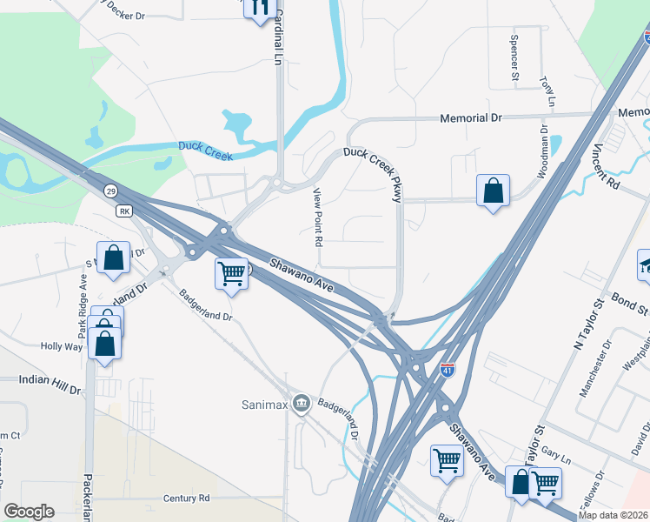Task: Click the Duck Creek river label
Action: (207, 150)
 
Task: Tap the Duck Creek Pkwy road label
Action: (373, 172)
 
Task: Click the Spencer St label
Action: (514, 52)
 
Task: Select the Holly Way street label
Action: (61, 346)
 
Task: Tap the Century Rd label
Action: (186, 499)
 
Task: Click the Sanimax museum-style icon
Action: (302, 403)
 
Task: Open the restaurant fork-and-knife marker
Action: (258, 9)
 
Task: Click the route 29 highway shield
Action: (110, 191)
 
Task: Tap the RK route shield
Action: (123, 211)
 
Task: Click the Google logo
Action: (29, 512)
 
